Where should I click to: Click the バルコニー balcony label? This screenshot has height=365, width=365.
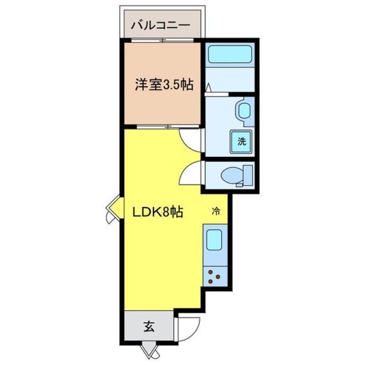[160, 24]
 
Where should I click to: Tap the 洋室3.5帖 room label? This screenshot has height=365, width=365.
[163, 84]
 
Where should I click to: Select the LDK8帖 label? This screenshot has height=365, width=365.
[158, 212]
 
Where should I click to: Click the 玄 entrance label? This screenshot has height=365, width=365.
[148, 327]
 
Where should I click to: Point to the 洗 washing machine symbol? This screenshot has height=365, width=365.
[241, 141]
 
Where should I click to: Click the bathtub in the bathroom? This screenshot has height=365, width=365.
[230, 55]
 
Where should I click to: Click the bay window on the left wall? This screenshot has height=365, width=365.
[113, 209]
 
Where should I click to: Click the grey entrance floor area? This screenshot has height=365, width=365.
[148, 327]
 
